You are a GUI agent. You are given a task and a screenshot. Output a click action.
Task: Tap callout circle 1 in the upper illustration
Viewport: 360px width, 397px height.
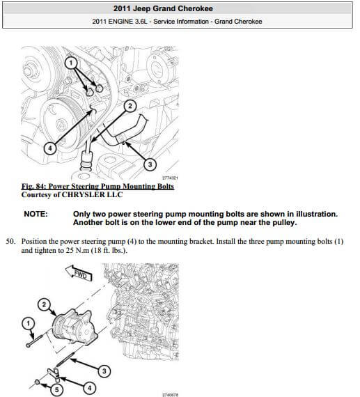point(70,63)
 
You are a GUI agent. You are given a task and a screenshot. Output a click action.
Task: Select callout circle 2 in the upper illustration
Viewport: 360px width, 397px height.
point(129,106)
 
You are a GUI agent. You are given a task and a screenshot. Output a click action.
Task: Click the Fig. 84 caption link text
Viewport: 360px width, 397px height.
point(97,187)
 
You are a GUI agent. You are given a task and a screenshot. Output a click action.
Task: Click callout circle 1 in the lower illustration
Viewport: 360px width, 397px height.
point(28,322)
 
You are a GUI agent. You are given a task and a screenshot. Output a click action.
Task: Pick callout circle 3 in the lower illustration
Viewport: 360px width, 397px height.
point(104,371)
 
